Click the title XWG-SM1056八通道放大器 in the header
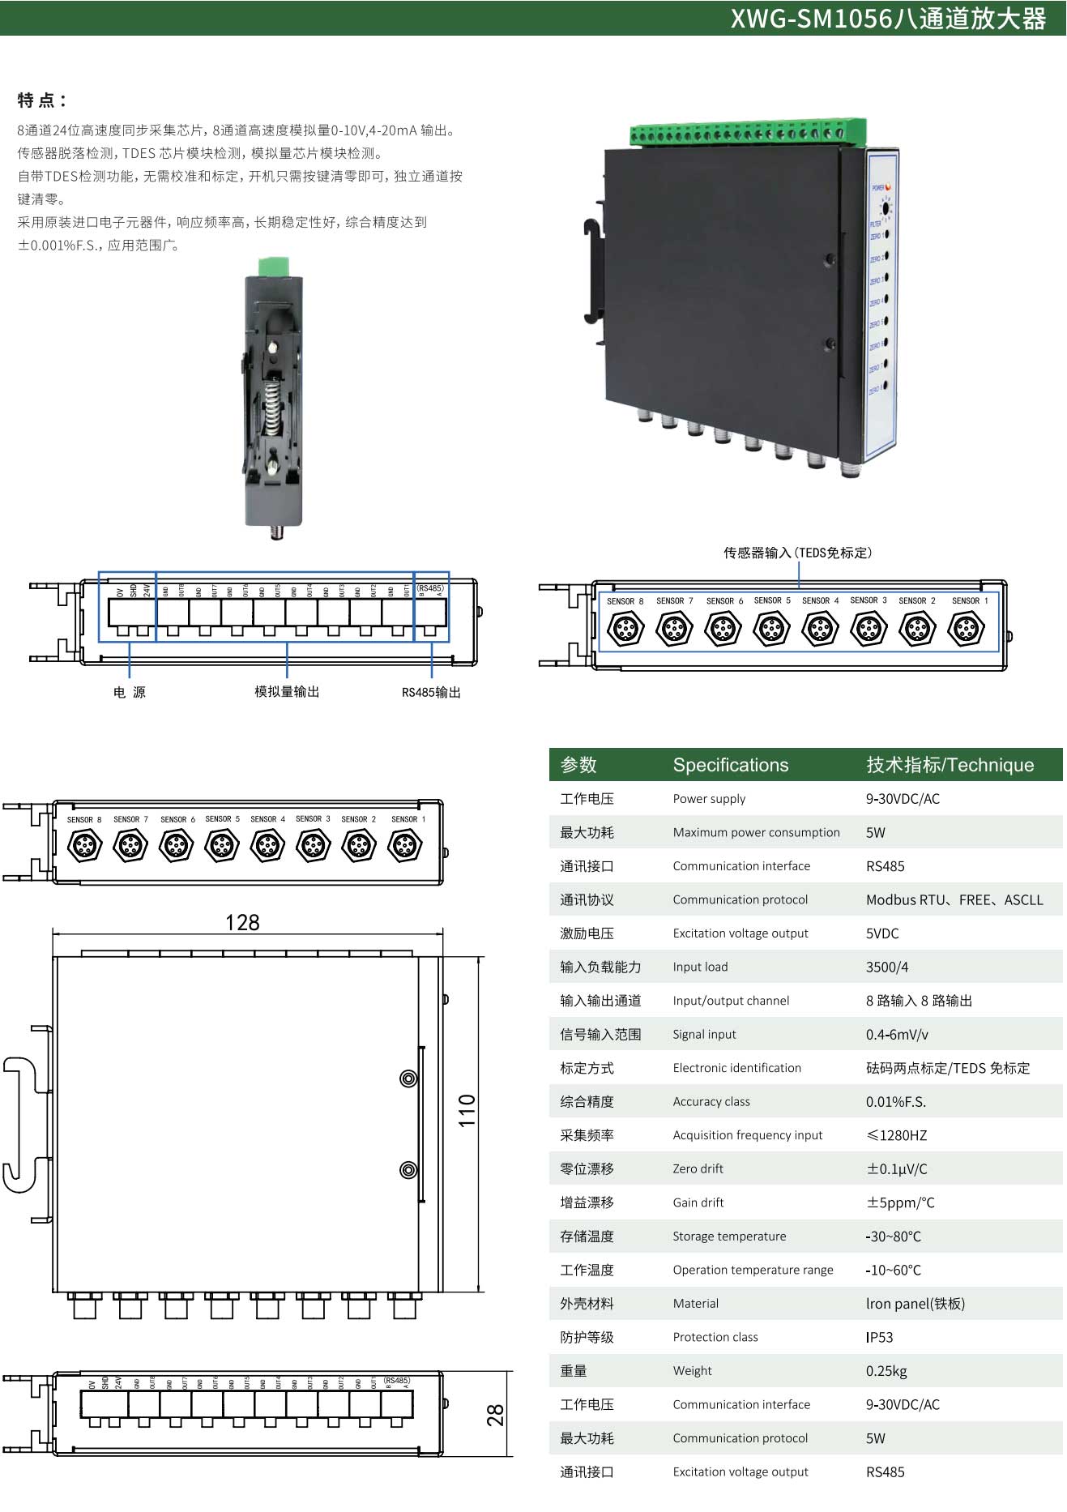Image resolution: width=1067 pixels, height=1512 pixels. [888, 19]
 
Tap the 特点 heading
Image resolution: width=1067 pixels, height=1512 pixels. [41, 100]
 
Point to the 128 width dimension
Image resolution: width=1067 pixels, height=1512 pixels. [242, 923]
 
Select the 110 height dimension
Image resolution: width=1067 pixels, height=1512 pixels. [467, 1110]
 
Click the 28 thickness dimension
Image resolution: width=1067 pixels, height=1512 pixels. [495, 1415]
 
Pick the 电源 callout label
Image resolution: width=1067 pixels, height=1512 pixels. [130, 692]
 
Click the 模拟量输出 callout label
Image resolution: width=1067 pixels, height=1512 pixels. [287, 691]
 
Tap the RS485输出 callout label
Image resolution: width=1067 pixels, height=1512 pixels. [431, 692]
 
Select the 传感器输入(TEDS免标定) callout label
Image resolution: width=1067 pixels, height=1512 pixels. [797, 553]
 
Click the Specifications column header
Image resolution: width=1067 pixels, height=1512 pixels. [730, 765]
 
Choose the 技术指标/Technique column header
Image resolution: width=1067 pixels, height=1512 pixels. [950, 765]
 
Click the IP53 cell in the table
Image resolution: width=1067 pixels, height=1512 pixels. [879, 1337]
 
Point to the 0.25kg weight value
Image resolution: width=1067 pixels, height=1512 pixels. [886, 1371]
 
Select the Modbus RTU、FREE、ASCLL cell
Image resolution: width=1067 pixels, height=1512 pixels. [954, 899]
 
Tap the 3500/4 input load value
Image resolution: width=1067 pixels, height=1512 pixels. [887, 967]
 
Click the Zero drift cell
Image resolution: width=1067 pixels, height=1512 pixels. [698, 1168]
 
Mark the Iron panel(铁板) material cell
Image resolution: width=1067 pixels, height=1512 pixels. [915, 1304]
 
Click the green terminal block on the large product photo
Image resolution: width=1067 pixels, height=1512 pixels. [747, 132]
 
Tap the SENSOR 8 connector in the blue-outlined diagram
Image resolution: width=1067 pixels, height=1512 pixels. [625, 628]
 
